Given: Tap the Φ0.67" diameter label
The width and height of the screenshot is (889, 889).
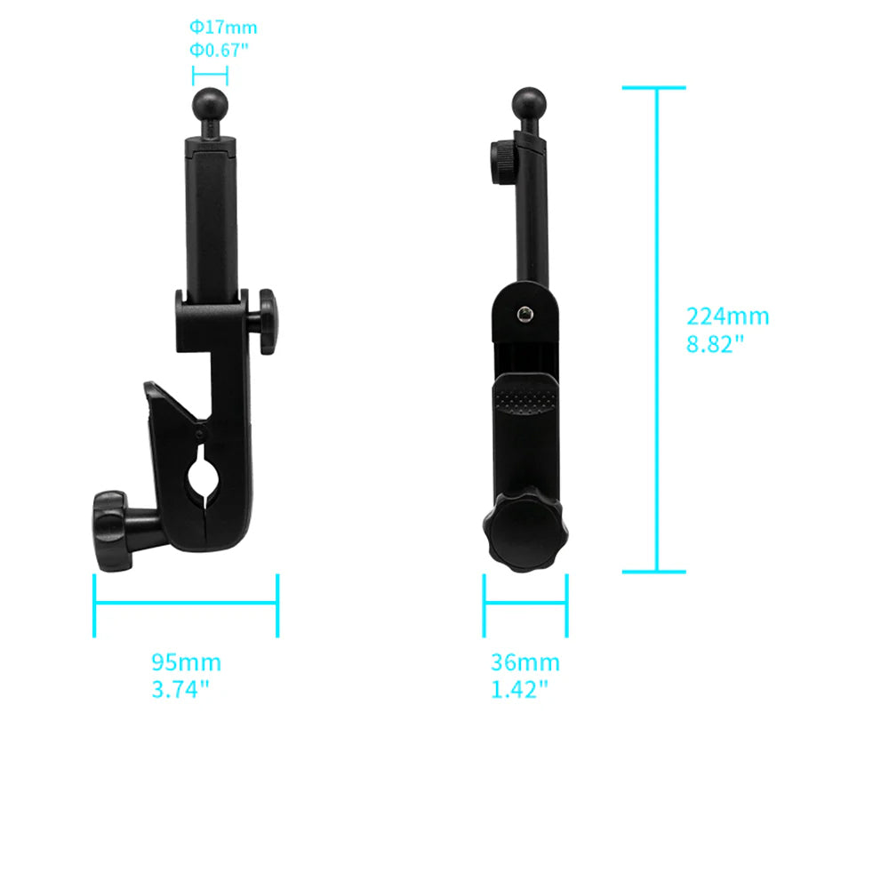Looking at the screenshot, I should [218, 50].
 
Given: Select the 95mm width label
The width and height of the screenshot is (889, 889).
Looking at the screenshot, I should [186, 662].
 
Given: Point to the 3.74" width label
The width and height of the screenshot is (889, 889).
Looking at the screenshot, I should [180, 688].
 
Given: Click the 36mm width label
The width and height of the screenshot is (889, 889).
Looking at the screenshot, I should [525, 662].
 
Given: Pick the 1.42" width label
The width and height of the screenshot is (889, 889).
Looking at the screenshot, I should [520, 688].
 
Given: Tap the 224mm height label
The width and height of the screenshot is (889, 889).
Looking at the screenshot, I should [727, 316].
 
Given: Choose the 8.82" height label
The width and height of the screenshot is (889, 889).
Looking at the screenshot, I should [715, 344].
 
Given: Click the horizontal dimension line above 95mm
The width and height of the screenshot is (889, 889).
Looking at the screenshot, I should [186, 605].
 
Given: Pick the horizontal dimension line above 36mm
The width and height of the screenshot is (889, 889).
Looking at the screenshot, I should [525, 605].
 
